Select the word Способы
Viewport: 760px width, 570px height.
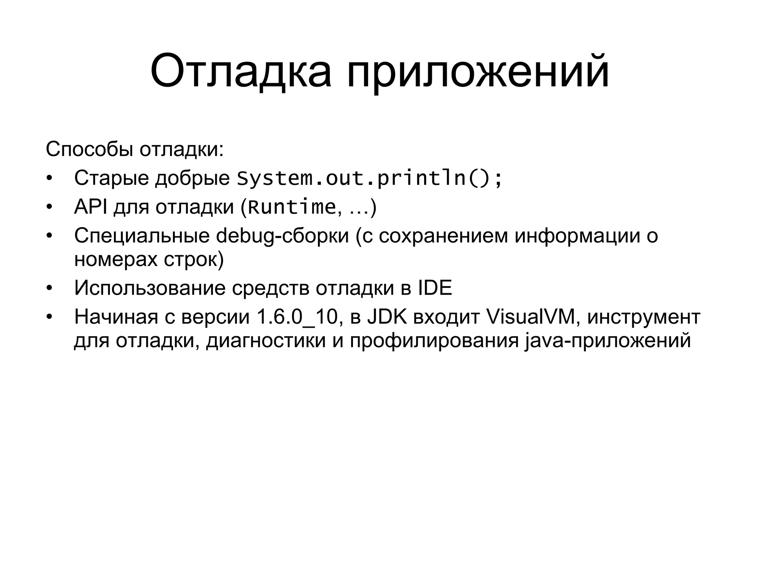pos(89,149)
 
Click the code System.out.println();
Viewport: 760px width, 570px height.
pos(370,178)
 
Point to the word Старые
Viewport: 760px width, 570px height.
pos(111,178)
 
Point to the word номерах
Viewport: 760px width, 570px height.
pos(116,259)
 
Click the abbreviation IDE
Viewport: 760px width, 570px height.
pos(435,288)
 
